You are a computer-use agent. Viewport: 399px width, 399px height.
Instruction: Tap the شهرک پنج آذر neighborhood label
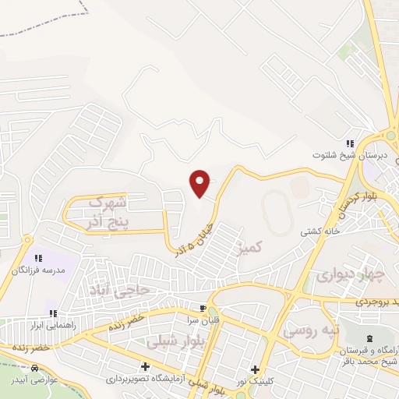117,211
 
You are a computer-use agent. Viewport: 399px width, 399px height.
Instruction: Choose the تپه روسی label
311,331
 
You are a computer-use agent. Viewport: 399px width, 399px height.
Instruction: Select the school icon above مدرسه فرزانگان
37,256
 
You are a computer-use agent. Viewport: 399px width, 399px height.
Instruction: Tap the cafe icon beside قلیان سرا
204,308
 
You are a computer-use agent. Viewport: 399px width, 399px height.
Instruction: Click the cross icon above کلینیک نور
255,369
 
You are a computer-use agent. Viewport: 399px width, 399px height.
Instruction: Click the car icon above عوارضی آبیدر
34,367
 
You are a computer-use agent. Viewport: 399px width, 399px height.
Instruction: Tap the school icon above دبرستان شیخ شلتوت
350,144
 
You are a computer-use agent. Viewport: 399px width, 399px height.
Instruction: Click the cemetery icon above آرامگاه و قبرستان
370,337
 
